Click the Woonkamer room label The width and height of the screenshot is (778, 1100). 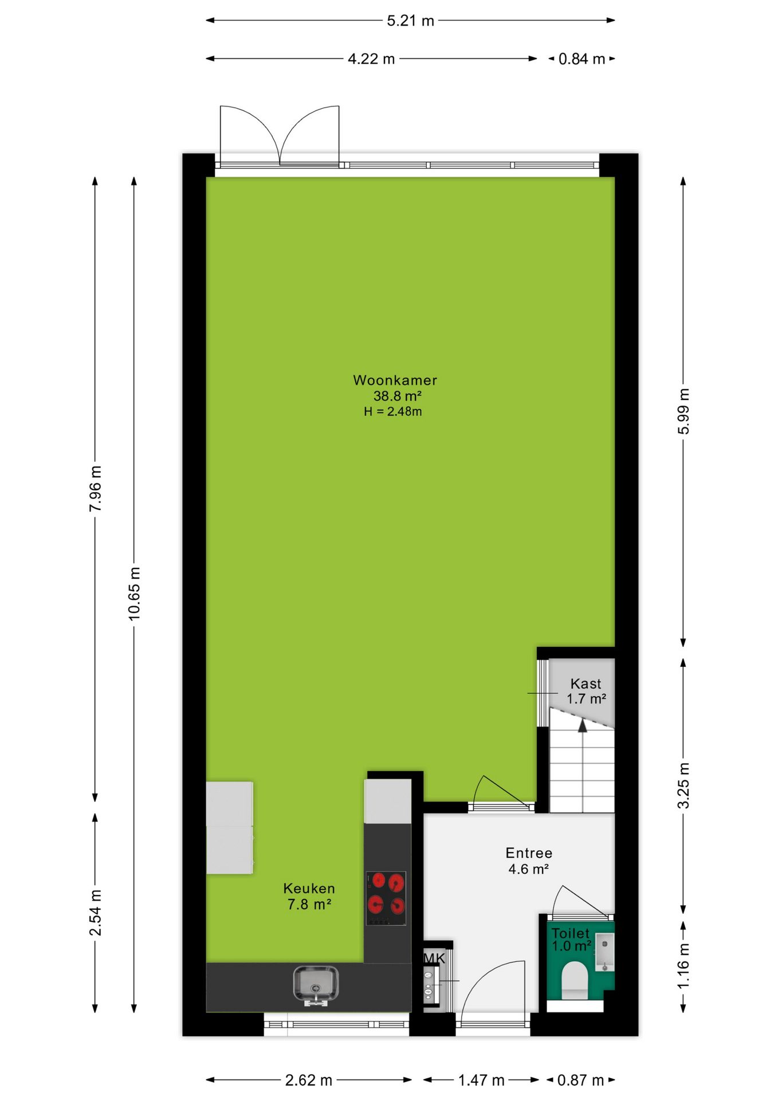395,380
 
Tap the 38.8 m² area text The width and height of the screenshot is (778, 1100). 398,396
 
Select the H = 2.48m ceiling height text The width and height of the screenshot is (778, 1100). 393,411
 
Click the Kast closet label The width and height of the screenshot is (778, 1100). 586,683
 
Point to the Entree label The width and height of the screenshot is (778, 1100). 529,853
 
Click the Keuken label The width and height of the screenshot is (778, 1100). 309,889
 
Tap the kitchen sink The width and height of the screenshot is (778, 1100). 316,986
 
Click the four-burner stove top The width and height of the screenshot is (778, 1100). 386,898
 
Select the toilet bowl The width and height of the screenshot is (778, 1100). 575,980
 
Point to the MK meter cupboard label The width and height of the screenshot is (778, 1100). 434,958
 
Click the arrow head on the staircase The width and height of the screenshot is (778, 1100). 583,726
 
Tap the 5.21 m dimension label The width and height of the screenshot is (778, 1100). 410,21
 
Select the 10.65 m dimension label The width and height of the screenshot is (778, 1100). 134,594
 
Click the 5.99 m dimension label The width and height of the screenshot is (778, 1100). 683,411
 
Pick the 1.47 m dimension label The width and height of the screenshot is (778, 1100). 481,1081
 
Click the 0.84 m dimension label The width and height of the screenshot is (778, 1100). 581,59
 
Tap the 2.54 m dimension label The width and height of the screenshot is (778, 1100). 95,913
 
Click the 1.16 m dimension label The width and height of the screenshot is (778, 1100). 683,966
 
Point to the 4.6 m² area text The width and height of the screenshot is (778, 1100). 528,869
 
